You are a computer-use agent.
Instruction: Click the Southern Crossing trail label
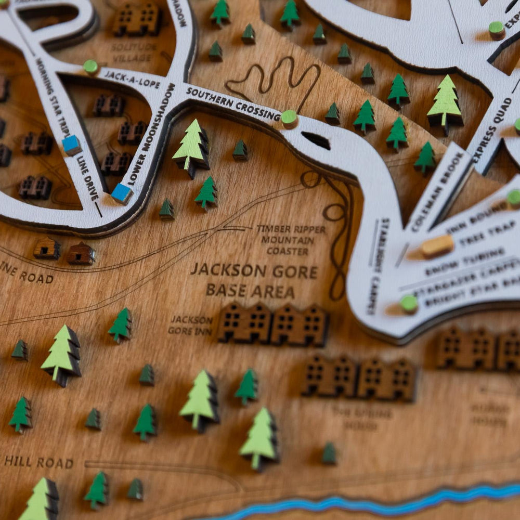point(232,103)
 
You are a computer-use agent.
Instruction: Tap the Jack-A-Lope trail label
point(132,79)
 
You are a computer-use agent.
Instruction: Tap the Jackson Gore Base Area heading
point(253,280)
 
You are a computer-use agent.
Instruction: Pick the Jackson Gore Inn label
point(191,325)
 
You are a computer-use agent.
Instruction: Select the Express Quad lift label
point(493,129)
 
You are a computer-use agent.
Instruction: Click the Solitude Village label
point(134,53)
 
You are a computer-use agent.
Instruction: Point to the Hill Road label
point(38,462)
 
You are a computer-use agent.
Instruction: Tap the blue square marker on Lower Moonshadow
point(122,193)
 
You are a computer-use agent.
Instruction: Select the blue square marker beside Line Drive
point(72,145)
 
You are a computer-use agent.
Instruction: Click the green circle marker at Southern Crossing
point(289,118)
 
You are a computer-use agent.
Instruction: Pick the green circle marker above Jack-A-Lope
point(91,67)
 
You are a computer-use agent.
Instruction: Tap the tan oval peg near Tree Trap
point(437,245)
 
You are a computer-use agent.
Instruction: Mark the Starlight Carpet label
point(378,265)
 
